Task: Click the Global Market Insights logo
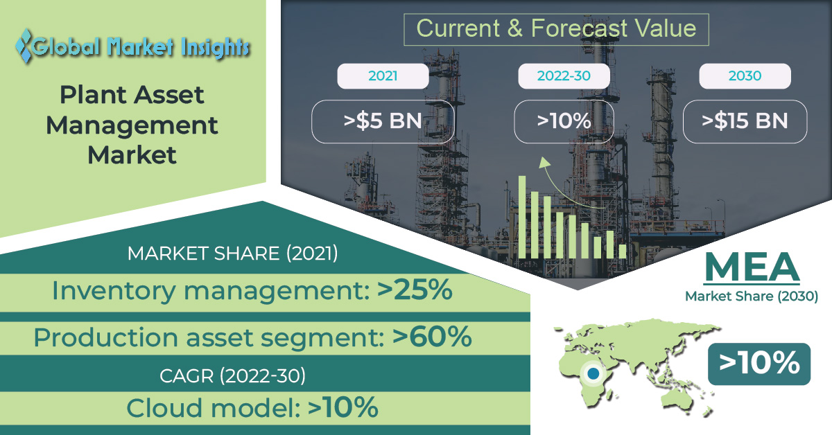pyautogui.click(x=132, y=47)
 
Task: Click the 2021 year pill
pyautogui.click(x=383, y=76)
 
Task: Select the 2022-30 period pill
pyautogui.click(x=564, y=76)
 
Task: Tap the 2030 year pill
pyautogui.click(x=745, y=76)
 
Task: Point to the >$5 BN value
pyautogui.click(x=383, y=121)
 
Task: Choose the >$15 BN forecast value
pyautogui.click(x=745, y=121)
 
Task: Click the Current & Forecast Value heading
pyautogui.click(x=556, y=28)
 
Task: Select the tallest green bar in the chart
pyautogui.click(x=522, y=217)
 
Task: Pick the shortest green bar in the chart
pyautogui.click(x=623, y=251)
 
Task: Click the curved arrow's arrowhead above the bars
pyautogui.click(x=544, y=163)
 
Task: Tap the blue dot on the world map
pyautogui.click(x=593, y=373)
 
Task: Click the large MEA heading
pyautogui.click(x=752, y=267)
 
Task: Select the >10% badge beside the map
pyautogui.click(x=759, y=364)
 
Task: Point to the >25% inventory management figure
pyautogui.click(x=415, y=290)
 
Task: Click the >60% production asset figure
pyautogui.click(x=432, y=337)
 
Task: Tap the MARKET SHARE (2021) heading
pyautogui.click(x=232, y=254)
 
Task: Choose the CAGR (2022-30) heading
pyautogui.click(x=232, y=375)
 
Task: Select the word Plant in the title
pyautogui.click(x=94, y=95)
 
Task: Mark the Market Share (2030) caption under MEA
pyautogui.click(x=752, y=296)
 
